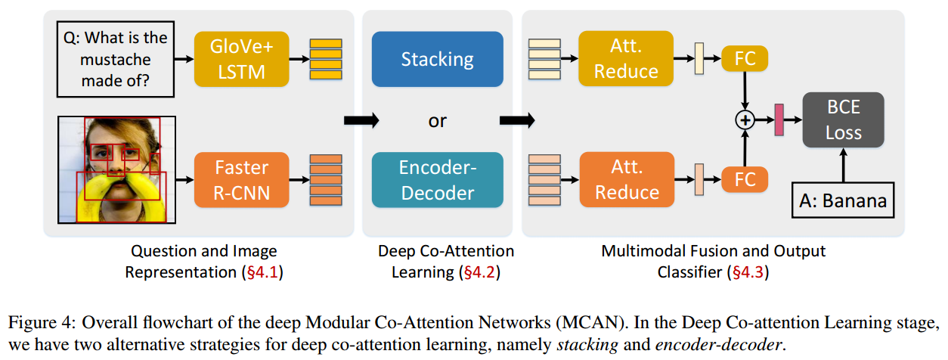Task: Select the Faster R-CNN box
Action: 241,180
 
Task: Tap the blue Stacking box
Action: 437,59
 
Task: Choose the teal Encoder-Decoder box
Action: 437,180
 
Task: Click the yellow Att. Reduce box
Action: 626,59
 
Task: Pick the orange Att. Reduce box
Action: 626,180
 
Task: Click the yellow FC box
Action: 745,58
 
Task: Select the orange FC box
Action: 745,179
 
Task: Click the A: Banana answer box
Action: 843,201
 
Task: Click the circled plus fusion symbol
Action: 745,119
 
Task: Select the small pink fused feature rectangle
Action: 779,120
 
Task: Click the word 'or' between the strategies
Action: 437,120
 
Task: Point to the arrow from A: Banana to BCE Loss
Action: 843,166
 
